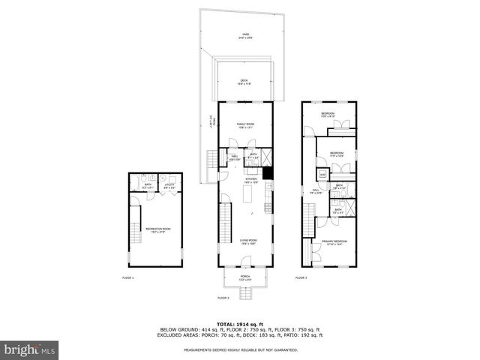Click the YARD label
(x=245, y=35)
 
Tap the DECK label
(x=244, y=82)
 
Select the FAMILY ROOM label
(x=245, y=124)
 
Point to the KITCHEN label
(x=251, y=180)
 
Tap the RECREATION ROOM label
(x=158, y=229)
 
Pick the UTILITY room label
(x=169, y=184)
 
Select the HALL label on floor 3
(x=316, y=191)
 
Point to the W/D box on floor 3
(x=322, y=175)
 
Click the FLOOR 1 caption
(x=128, y=278)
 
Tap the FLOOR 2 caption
(x=223, y=298)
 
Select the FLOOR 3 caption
(x=301, y=278)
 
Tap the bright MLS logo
(x=30, y=349)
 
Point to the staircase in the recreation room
(x=136, y=233)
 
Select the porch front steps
(x=245, y=291)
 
